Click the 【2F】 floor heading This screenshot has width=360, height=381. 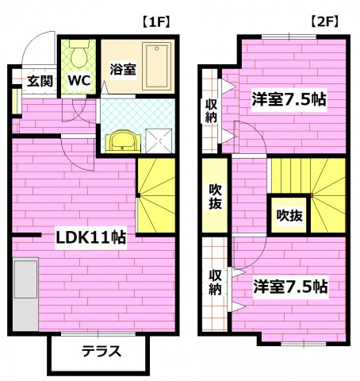(x=324, y=21)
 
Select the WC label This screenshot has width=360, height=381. (x=78, y=80)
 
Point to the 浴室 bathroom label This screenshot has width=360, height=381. (x=124, y=69)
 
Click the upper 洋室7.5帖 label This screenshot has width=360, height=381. (x=289, y=100)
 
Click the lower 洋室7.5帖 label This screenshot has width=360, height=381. (x=290, y=287)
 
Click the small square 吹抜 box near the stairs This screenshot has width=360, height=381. (x=287, y=214)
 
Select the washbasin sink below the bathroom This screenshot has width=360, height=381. (x=122, y=140)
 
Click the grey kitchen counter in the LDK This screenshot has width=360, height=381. (x=25, y=294)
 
